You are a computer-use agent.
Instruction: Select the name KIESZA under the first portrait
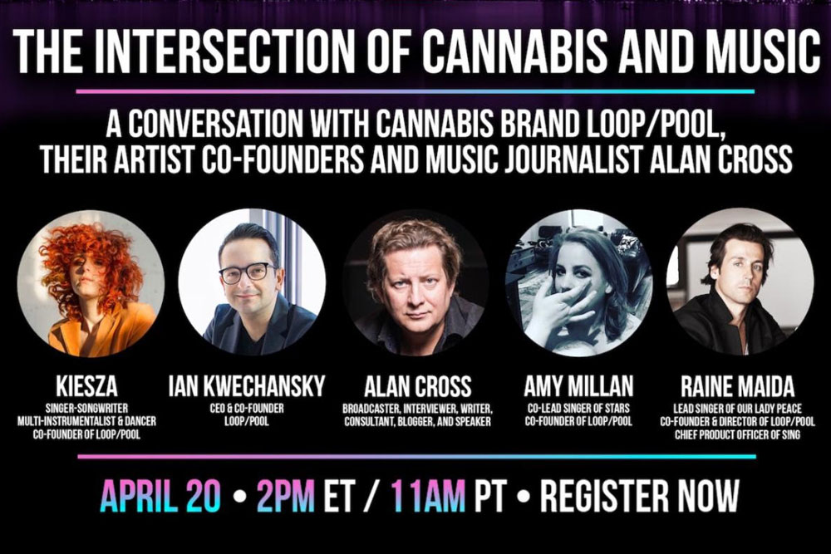click(87, 386)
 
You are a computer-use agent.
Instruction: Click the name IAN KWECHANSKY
click(247, 386)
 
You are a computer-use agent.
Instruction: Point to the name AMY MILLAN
click(578, 386)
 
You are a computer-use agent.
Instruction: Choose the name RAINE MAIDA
click(738, 386)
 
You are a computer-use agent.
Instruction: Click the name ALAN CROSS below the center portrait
click(418, 386)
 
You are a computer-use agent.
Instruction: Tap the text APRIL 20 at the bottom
click(160, 496)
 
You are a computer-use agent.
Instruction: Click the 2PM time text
click(285, 496)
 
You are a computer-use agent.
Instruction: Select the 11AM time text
click(428, 496)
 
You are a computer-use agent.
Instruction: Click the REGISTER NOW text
click(639, 496)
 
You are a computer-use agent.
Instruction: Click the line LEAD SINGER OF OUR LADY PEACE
click(737, 409)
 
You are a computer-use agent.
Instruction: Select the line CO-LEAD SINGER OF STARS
click(578, 409)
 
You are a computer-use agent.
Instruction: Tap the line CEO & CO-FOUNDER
click(247, 409)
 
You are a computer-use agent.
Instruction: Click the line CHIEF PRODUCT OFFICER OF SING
click(737, 435)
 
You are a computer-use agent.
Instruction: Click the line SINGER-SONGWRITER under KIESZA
click(87, 409)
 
